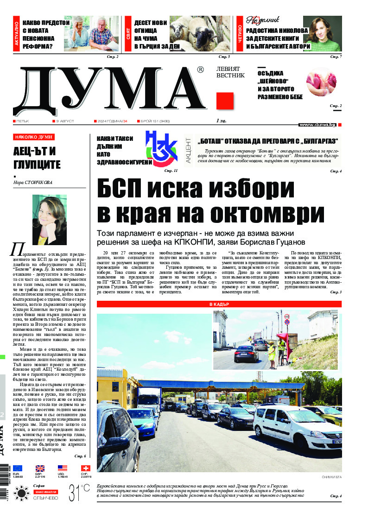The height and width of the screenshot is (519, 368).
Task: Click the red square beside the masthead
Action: coord(225,101)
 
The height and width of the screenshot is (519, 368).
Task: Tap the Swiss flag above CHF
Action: coord(85,468)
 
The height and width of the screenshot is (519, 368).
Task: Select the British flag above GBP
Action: coord(40,468)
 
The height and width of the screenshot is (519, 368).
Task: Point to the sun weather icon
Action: coord(21,493)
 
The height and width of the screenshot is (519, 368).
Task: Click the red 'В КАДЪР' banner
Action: coord(219,304)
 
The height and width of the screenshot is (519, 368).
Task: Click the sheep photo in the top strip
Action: coord(200,33)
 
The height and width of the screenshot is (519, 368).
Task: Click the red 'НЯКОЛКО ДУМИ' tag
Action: coord(34,137)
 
